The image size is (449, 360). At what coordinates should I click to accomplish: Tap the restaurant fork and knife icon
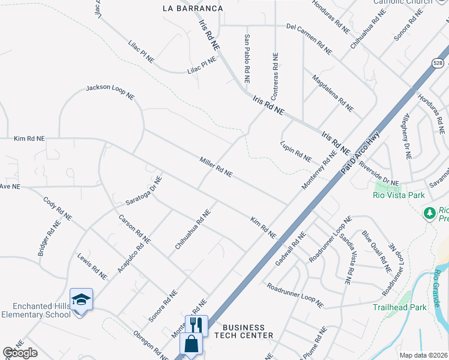pos(196,325)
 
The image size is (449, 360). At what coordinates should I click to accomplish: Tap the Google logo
pos(20,353)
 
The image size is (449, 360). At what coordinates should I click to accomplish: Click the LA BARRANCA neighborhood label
pos(193,8)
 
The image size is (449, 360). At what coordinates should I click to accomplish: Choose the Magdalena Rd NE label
pos(333,93)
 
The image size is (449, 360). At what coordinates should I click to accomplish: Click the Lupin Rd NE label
pos(296,152)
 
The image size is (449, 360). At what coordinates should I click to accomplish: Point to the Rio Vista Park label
pos(399,195)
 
